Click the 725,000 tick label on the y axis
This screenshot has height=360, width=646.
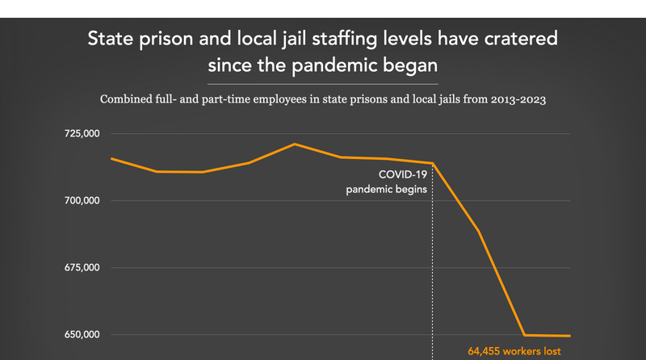coord(80,133)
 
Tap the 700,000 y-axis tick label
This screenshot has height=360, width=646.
coord(80,200)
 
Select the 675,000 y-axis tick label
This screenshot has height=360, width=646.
coord(80,267)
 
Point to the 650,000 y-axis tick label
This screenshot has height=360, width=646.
coord(80,334)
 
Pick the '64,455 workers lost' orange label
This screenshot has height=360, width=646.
coord(514,351)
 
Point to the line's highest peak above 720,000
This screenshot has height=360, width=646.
coord(295,144)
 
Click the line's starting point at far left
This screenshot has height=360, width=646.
coord(111,158)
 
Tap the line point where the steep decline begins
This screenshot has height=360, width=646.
coord(433,163)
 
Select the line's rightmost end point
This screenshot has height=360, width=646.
coord(570,336)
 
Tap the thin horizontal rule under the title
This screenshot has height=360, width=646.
coord(323,83)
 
